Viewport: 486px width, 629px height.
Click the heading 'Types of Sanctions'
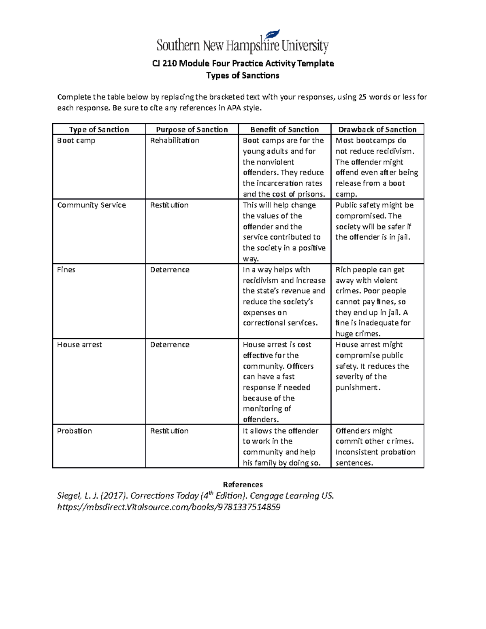click(243, 76)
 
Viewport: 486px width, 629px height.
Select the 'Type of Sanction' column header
click(99, 130)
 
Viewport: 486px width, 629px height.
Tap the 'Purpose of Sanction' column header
click(192, 130)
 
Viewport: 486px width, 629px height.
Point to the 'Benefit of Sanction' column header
click(284, 130)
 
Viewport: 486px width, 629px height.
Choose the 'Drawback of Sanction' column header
click(377, 130)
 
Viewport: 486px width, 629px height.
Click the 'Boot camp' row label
click(76, 141)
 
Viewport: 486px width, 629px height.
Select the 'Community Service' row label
click(92, 205)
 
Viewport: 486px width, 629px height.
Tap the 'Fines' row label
click(66, 270)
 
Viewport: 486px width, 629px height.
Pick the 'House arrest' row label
click(79, 345)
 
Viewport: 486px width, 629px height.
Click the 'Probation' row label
click(75, 431)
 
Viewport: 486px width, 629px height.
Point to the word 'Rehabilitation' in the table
click(175, 141)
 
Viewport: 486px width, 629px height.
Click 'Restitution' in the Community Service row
click(169, 205)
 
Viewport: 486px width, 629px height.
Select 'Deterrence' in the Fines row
click(170, 270)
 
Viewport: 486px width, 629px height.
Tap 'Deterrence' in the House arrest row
click(170, 345)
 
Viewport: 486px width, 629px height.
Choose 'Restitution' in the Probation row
click(169, 431)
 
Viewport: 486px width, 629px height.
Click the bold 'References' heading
click(243, 485)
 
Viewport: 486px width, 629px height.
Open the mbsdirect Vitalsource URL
click(169, 507)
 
